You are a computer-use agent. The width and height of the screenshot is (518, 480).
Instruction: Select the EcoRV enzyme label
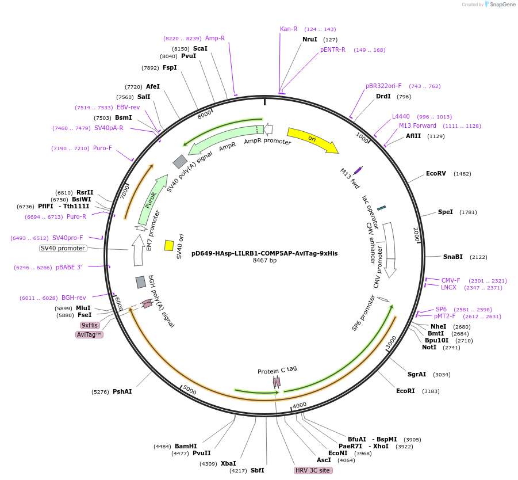click(x=436, y=173)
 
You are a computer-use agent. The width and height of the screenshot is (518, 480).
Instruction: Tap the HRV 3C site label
click(x=313, y=470)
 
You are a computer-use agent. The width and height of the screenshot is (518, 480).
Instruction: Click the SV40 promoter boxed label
click(x=63, y=249)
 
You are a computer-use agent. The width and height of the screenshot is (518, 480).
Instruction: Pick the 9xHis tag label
click(x=90, y=325)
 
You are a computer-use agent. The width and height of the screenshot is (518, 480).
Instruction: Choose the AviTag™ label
click(x=89, y=334)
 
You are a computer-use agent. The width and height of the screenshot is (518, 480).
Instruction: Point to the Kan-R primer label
click(x=289, y=29)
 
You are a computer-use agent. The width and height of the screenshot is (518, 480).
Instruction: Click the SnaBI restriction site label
click(x=452, y=257)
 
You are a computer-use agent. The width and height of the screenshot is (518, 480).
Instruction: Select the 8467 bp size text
click(x=264, y=261)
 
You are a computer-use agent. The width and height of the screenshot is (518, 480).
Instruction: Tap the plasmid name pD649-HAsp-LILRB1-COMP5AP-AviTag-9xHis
click(x=264, y=253)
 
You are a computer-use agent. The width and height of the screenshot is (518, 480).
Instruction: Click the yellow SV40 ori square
click(x=169, y=245)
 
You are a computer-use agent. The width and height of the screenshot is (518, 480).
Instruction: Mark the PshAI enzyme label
click(x=122, y=391)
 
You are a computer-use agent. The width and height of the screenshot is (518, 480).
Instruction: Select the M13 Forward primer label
click(x=417, y=125)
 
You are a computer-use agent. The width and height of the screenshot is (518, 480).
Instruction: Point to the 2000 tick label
click(x=417, y=235)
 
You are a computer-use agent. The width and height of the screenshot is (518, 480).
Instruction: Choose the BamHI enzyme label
click(x=186, y=446)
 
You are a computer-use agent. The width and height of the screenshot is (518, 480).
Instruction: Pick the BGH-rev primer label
click(x=74, y=298)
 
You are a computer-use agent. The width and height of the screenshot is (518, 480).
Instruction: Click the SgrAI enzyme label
click(x=417, y=374)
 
